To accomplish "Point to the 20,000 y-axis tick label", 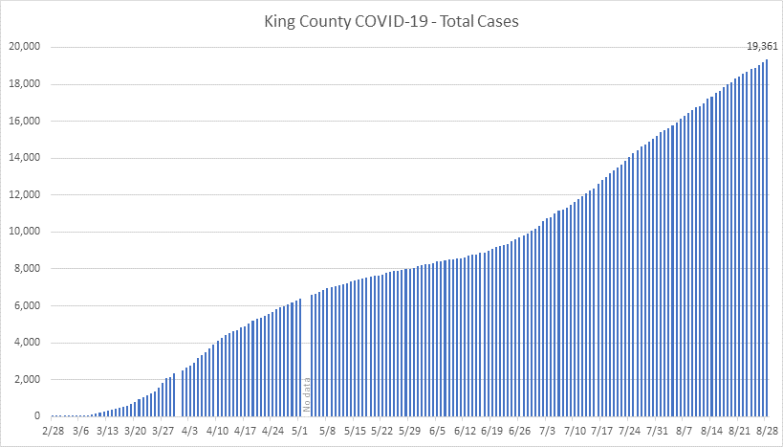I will pos(26,47).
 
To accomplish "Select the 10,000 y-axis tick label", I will pos(26,232).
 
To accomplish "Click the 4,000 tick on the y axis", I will pos(29,343).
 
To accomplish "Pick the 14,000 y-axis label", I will pos(26,158).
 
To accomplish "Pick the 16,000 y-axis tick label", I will pos(26,121).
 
